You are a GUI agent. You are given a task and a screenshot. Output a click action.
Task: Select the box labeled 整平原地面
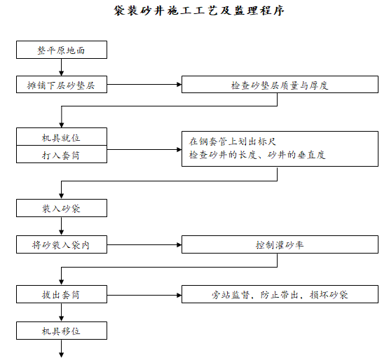[62, 50]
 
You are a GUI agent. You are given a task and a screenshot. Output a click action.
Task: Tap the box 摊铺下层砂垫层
[62, 85]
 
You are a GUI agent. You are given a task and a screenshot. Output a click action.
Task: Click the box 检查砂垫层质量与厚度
[280, 85]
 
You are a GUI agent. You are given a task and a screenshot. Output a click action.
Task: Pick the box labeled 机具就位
[62, 137]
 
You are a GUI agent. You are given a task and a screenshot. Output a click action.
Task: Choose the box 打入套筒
[62, 155]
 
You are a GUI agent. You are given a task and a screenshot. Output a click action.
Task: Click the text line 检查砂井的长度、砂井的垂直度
[257, 155]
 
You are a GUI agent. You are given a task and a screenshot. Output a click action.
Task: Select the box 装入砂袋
[62, 208]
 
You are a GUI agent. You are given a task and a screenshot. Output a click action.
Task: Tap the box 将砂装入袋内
[62, 245]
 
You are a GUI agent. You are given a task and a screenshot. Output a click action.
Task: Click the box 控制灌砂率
[280, 246]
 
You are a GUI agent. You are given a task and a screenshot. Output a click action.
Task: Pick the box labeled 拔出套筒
[62, 295]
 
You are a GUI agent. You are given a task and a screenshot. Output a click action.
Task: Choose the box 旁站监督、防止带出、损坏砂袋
[280, 295]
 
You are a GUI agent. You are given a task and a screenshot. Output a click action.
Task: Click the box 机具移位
[62, 330]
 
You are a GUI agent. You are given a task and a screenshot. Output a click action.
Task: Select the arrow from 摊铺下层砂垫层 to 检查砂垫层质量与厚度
[144, 85]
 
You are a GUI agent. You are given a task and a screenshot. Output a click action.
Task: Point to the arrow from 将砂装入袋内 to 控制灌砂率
[144, 245]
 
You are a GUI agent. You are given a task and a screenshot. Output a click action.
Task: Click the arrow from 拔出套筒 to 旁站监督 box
[144, 295]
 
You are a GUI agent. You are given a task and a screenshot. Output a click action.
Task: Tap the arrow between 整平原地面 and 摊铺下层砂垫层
[62, 68]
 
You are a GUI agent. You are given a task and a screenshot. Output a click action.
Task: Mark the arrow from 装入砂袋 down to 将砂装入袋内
[62, 226]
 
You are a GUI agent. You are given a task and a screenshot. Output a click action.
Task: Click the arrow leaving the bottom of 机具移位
[62, 347]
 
